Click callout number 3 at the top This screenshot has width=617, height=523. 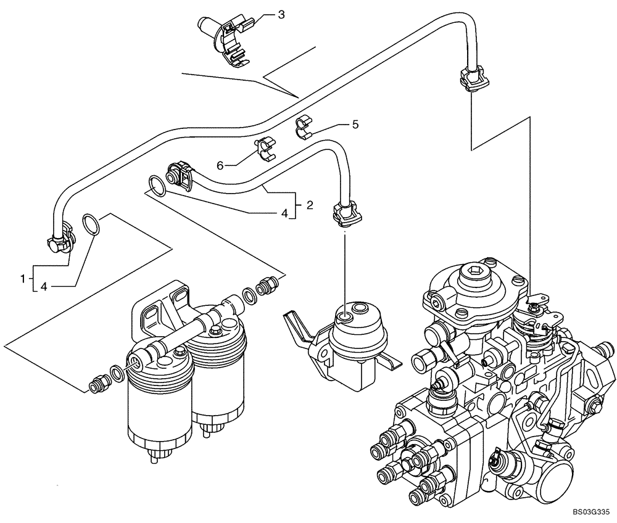click(281, 14)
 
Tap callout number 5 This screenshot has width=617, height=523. click(355, 125)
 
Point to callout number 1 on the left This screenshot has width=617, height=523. click(23, 279)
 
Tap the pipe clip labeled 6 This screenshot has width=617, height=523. click(265, 149)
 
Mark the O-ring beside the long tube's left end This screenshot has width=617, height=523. click(89, 224)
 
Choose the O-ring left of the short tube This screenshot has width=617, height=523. click(157, 185)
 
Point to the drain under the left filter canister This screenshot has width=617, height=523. click(157, 457)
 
